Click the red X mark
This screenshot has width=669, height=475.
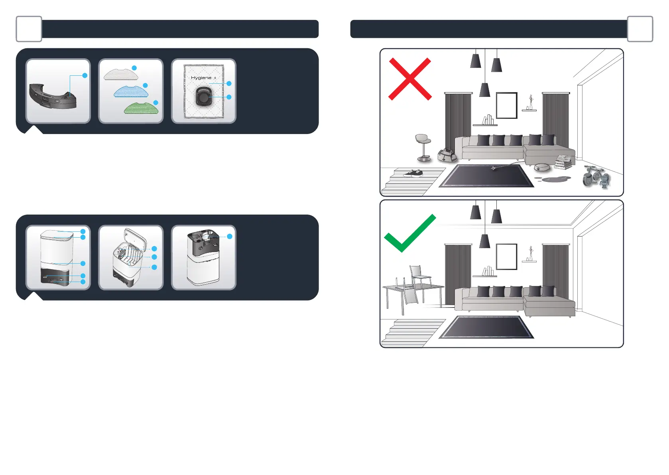coord(410,79)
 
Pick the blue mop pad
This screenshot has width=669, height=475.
coord(131,92)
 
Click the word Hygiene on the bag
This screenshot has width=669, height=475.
coord(201,78)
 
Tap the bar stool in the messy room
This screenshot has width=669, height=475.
coord(423,147)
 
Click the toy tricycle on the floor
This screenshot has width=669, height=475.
coord(596,176)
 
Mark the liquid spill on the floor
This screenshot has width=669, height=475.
coord(554,179)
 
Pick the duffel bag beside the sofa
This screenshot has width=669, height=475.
coord(447,155)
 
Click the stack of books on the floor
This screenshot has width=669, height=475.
coord(564,162)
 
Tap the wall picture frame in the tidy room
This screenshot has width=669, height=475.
coord(506,257)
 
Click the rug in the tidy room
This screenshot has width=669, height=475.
coord(486,327)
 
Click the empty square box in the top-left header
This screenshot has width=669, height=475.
coord(29,29)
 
